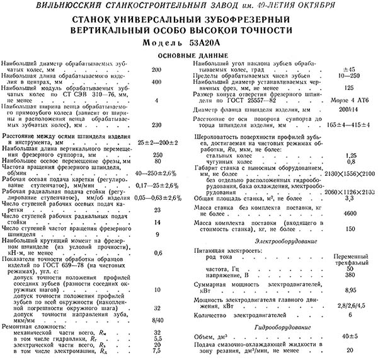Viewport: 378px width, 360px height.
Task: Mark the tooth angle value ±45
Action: click(x=347, y=68)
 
